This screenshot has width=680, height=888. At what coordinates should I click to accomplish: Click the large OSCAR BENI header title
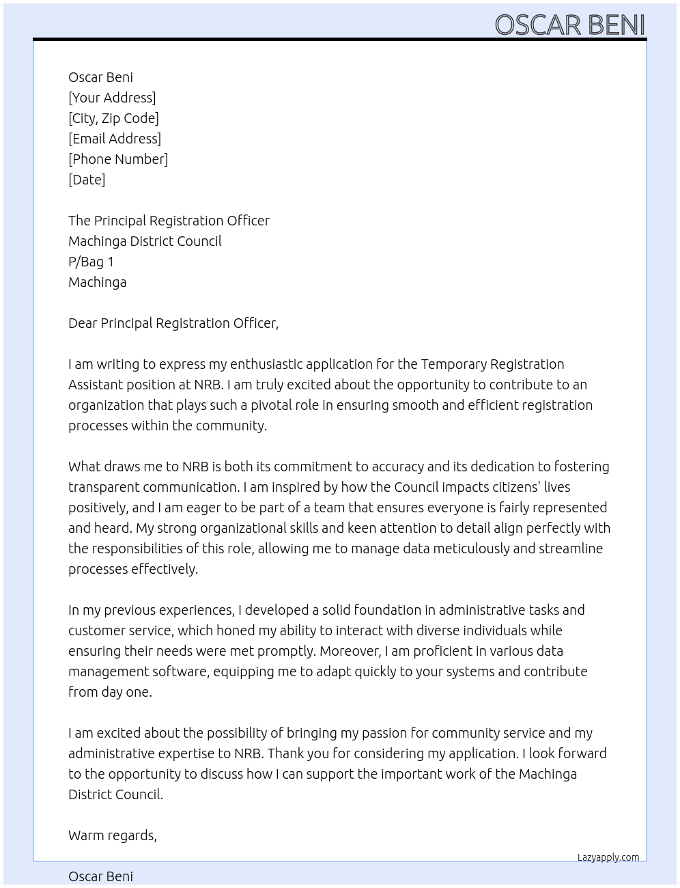pyautogui.click(x=569, y=25)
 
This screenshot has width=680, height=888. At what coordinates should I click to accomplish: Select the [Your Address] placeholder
pyautogui.click(x=112, y=98)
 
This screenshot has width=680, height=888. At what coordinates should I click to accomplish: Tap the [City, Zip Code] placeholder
pyautogui.click(x=113, y=118)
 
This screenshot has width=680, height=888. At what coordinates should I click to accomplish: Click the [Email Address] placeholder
pyautogui.click(x=115, y=139)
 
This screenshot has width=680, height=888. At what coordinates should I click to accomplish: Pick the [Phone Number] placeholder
pyautogui.click(x=118, y=159)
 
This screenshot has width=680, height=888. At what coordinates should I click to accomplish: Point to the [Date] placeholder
pyautogui.click(x=87, y=180)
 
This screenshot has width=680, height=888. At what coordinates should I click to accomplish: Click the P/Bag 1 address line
pyautogui.click(x=91, y=262)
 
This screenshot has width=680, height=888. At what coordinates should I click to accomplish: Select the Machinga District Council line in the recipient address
pyautogui.click(x=145, y=241)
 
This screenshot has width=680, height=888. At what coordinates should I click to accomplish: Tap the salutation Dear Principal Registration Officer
pyautogui.click(x=173, y=323)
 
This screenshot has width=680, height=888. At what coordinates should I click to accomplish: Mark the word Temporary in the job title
pyautogui.click(x=453, y=364)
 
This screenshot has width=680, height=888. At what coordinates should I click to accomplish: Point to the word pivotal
pyautogui.click(x=270, y=405)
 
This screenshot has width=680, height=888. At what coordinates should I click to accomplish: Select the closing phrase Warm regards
pyautogui.click(x=112, y=835)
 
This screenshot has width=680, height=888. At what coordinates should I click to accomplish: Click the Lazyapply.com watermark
pyautogui.click(x=608, y=857)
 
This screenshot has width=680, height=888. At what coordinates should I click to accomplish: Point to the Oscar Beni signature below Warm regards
pyautogui.click(x=100, y=876)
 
